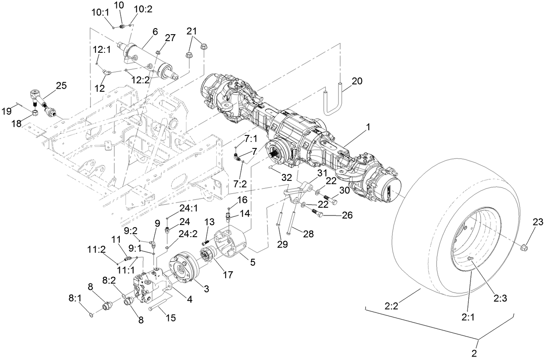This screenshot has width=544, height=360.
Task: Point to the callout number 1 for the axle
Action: pos(368,127)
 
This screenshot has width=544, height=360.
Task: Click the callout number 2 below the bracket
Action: pos(474,353)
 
